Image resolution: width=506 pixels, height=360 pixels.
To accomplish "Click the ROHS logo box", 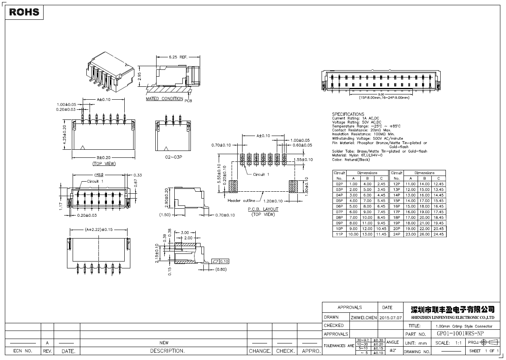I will [24, 12].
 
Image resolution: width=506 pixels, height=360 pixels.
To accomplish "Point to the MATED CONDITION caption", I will [164, 99].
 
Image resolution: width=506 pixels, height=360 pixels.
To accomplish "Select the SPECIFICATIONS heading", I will [348, 114].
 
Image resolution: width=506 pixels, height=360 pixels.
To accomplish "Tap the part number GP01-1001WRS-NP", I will [460, 334].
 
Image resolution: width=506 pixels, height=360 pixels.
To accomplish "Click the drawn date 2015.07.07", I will [391, 318].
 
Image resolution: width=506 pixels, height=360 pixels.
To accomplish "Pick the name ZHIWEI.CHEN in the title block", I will [363, 318].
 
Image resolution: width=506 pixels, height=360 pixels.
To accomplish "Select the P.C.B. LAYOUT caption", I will [263, 209].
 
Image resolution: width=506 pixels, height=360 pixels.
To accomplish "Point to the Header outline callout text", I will [241, 201].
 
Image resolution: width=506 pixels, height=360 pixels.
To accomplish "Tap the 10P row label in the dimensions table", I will [339, 229].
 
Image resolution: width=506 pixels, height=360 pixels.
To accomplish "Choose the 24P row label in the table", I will [396, 234].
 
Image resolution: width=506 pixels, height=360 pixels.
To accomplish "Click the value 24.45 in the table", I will [438, 234].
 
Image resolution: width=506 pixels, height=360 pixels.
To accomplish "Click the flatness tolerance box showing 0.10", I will [220, 262].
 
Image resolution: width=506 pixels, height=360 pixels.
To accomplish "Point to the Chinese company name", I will [452, 310].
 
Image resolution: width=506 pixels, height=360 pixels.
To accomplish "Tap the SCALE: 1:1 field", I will [449, 343].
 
